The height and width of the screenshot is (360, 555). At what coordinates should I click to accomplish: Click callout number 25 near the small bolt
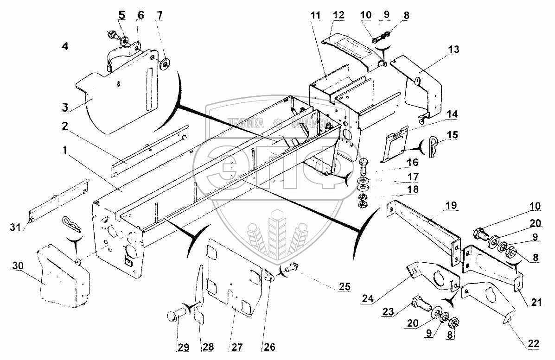[344, 286]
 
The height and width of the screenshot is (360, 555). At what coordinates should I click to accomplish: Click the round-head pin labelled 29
[175, 317]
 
